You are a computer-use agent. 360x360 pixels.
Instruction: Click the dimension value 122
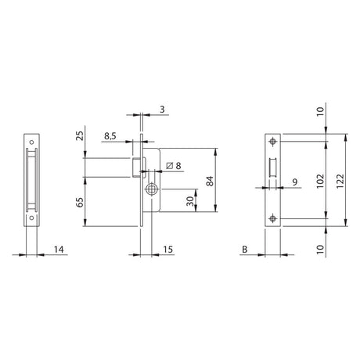coord(340,181)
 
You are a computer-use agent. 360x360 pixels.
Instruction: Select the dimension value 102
coord(320,181)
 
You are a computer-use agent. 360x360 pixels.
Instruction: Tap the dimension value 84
coord(210,181)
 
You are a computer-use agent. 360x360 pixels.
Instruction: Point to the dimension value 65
coord(80,202)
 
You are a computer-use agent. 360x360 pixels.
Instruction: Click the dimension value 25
coord(80,136)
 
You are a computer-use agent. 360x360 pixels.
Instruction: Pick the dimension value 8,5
coord(110,136)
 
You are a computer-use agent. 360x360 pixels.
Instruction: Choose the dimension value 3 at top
coord(162,110)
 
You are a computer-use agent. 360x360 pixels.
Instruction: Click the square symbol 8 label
coord(174,165)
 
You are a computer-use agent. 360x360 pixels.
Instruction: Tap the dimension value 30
coord(190,201)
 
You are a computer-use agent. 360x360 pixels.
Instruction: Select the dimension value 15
coord(168,250)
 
